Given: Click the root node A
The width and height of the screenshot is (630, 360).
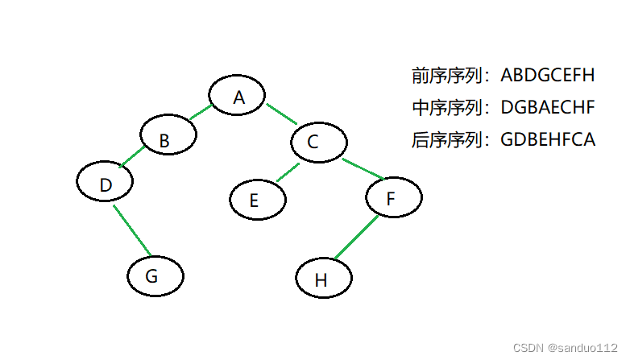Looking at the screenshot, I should [x=238, y=97].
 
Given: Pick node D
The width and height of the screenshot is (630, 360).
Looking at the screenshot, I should [x=106, y=184].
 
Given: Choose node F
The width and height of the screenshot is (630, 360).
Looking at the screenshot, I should [x=394, y=197].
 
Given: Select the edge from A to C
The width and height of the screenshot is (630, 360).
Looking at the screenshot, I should [x=281, y=114].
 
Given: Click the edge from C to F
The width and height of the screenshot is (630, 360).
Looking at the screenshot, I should [x=362, y=169].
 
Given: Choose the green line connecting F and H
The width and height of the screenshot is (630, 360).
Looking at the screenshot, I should [x=356, y=238].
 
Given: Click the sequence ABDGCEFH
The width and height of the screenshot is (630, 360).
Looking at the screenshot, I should [x=547, y=76].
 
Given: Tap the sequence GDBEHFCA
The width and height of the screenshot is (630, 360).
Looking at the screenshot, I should [x=548, y=139].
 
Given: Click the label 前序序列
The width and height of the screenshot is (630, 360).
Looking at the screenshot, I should [x=448, y=76].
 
